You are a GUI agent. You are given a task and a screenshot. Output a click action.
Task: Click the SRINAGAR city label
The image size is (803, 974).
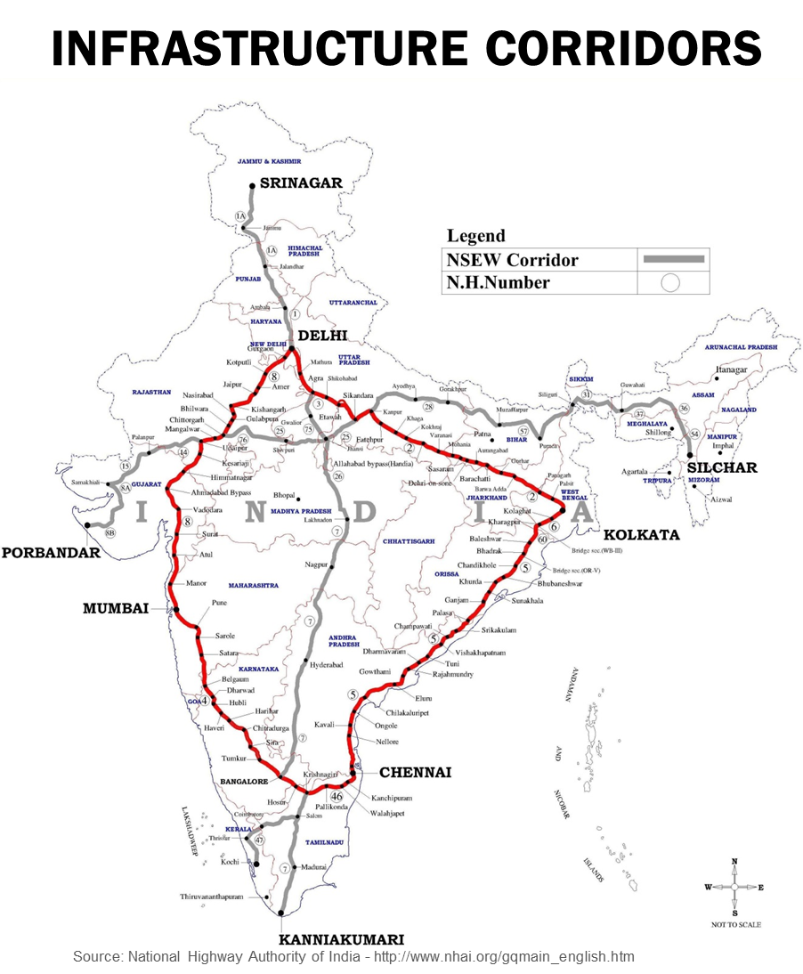302,183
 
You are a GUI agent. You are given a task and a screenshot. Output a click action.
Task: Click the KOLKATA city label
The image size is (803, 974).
641,535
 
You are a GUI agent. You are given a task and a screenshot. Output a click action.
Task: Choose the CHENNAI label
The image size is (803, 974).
415,772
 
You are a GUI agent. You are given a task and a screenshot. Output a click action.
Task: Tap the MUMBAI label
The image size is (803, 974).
115,608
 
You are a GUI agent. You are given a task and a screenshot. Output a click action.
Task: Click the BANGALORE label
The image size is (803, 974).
244,782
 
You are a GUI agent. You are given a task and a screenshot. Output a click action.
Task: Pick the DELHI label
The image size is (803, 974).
322,336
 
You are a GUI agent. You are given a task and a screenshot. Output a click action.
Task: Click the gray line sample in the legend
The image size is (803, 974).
674,259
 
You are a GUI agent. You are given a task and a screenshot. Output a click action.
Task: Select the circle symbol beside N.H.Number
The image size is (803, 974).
670,283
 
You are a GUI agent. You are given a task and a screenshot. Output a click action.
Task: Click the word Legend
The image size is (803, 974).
475,236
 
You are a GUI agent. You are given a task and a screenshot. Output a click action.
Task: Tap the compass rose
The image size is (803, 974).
734,888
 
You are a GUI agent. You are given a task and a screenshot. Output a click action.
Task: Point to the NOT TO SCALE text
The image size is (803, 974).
736,925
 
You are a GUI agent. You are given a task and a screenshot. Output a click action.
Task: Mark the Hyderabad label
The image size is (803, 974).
326,665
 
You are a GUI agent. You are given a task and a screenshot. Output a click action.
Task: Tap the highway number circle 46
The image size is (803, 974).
337,797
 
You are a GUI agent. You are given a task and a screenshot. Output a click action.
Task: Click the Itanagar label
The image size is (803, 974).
731,369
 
